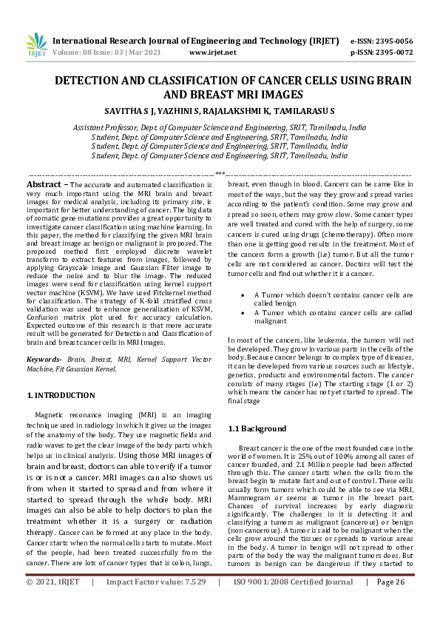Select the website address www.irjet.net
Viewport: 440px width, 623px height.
point(213,53)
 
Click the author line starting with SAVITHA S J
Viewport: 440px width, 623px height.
point(219,110)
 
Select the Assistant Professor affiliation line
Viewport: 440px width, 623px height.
point(219,127)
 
